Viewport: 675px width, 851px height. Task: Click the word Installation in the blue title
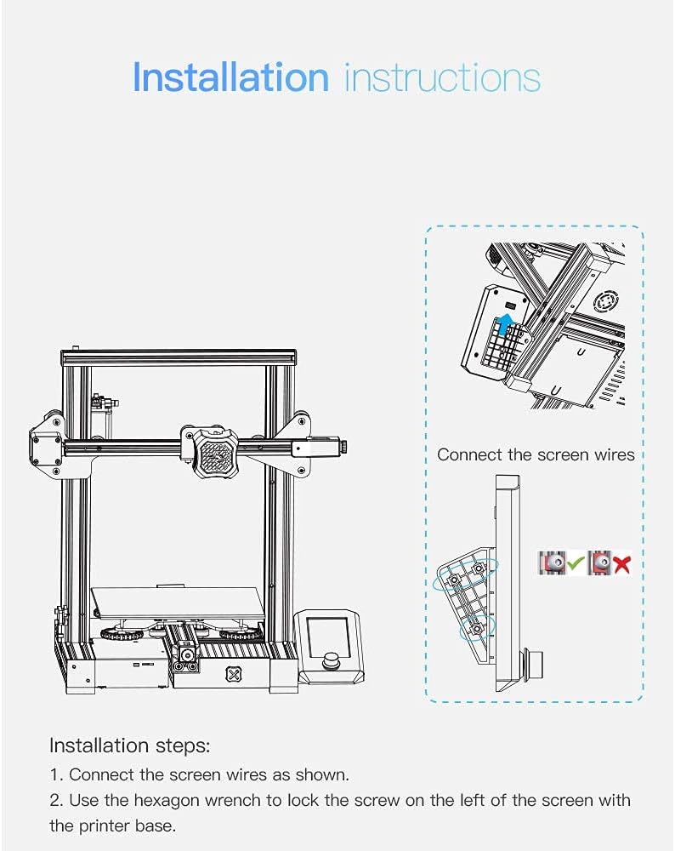pos(230,77)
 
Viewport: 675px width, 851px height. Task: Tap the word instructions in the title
pos(442,77)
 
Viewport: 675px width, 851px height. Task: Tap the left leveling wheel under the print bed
pos(119,634)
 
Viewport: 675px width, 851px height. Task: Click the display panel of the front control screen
pos(326,631)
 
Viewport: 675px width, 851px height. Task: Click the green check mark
pos(576,563)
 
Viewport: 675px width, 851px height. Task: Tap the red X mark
pos(621,563)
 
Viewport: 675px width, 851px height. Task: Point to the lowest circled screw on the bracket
pos(476,628)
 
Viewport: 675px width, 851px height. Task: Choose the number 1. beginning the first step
pos(56,774)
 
